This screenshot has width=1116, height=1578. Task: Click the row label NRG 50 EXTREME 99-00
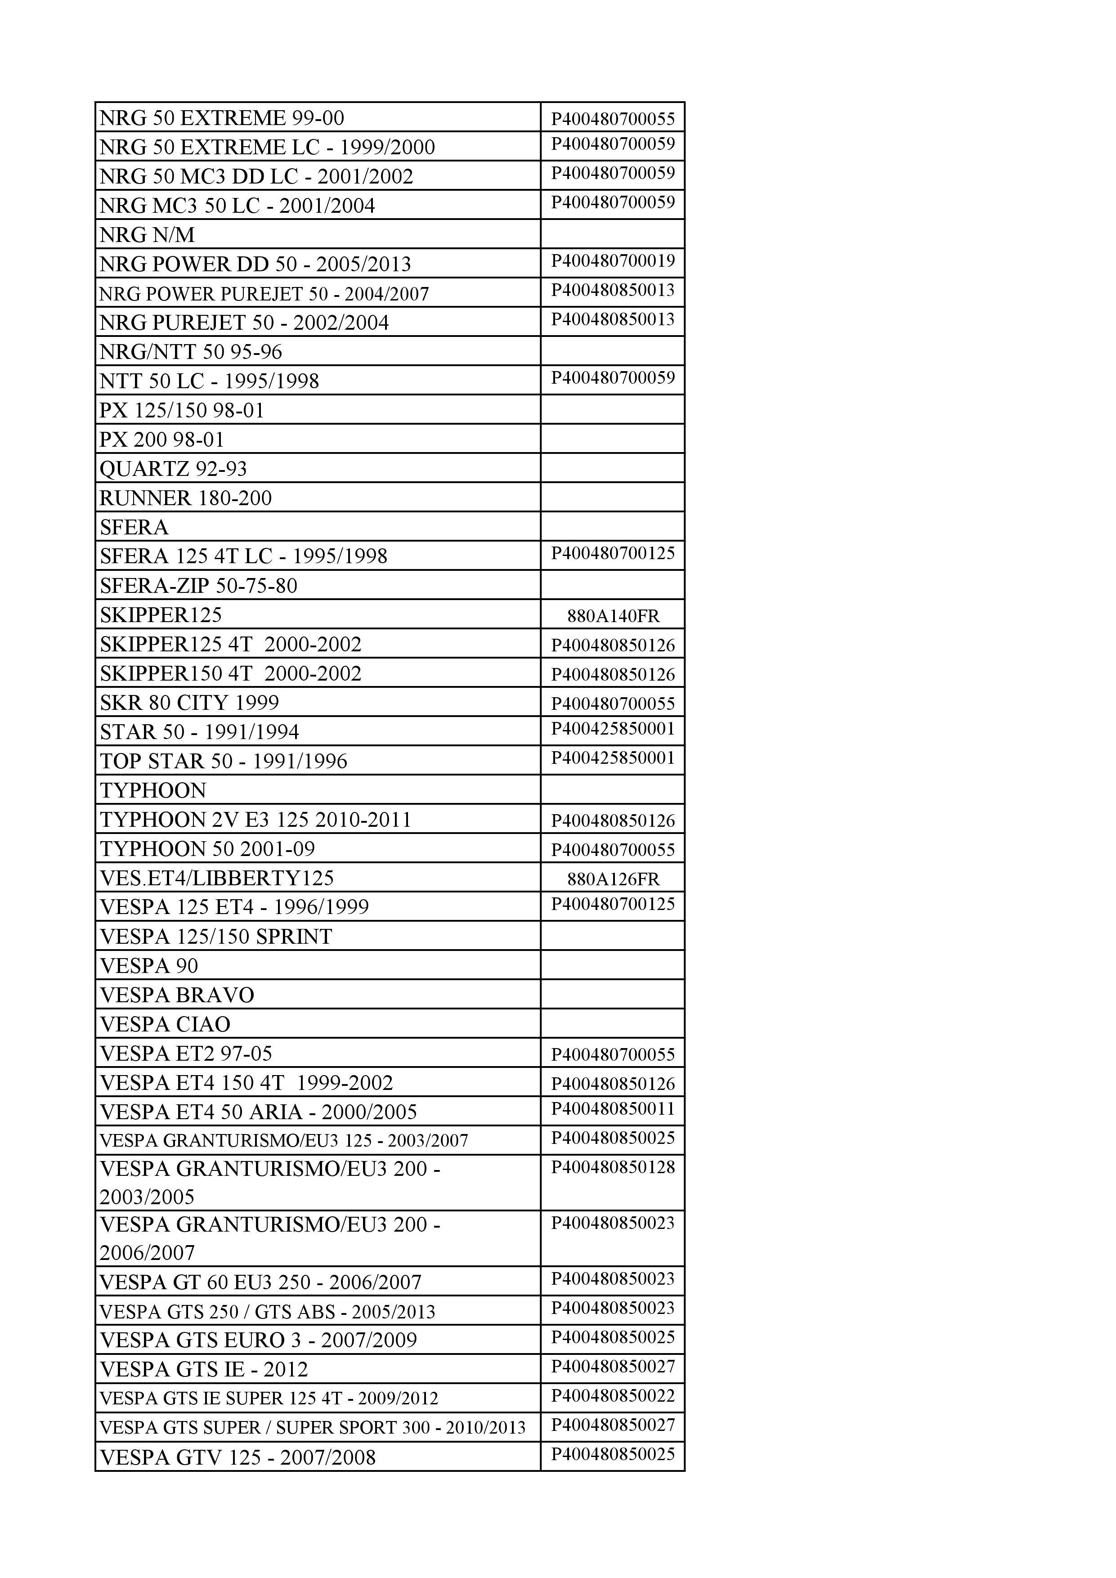(x=221, y=118)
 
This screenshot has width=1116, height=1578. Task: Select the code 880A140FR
(x=613, y=616)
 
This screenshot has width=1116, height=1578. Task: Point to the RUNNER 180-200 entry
(x=185, y=498)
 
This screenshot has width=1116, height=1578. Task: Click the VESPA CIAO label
(x=165, y=1025)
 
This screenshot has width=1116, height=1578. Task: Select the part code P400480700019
(x=613, y=261)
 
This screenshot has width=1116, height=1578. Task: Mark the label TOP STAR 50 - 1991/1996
(x=224, y=762)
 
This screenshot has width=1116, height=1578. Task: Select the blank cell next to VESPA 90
(x=613, y=966)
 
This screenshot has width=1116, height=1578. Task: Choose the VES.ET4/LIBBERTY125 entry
(x=216, y=879)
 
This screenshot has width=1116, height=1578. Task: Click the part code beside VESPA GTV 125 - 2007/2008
(x=613, y=1454)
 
